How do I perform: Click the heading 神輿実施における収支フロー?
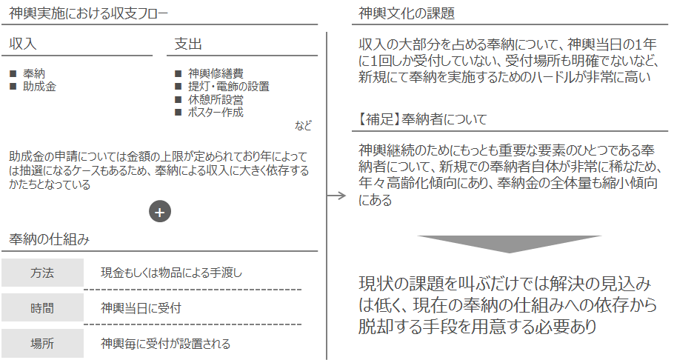point(88,13)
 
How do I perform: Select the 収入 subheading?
point(23,44)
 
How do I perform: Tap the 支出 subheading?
point(188,44)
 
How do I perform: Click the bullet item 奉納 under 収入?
point(34,73)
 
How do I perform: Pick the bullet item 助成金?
point(39,87)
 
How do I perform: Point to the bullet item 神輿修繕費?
point(216,73)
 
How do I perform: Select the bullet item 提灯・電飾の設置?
point(229,87)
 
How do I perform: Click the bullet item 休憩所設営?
point(216,100)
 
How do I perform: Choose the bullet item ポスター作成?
point(216,113)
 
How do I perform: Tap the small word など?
point(303,126)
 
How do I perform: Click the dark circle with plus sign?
point(160,212)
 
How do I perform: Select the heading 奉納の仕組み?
point(50,239)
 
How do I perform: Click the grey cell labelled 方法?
point(42,273)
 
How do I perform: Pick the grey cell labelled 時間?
point(42,308)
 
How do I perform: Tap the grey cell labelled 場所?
point(42,343)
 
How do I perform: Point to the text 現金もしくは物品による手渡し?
point(172,273)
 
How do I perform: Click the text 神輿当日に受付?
point(141,308)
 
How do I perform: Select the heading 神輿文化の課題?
point(406,13)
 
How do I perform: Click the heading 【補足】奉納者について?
point(422,119)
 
